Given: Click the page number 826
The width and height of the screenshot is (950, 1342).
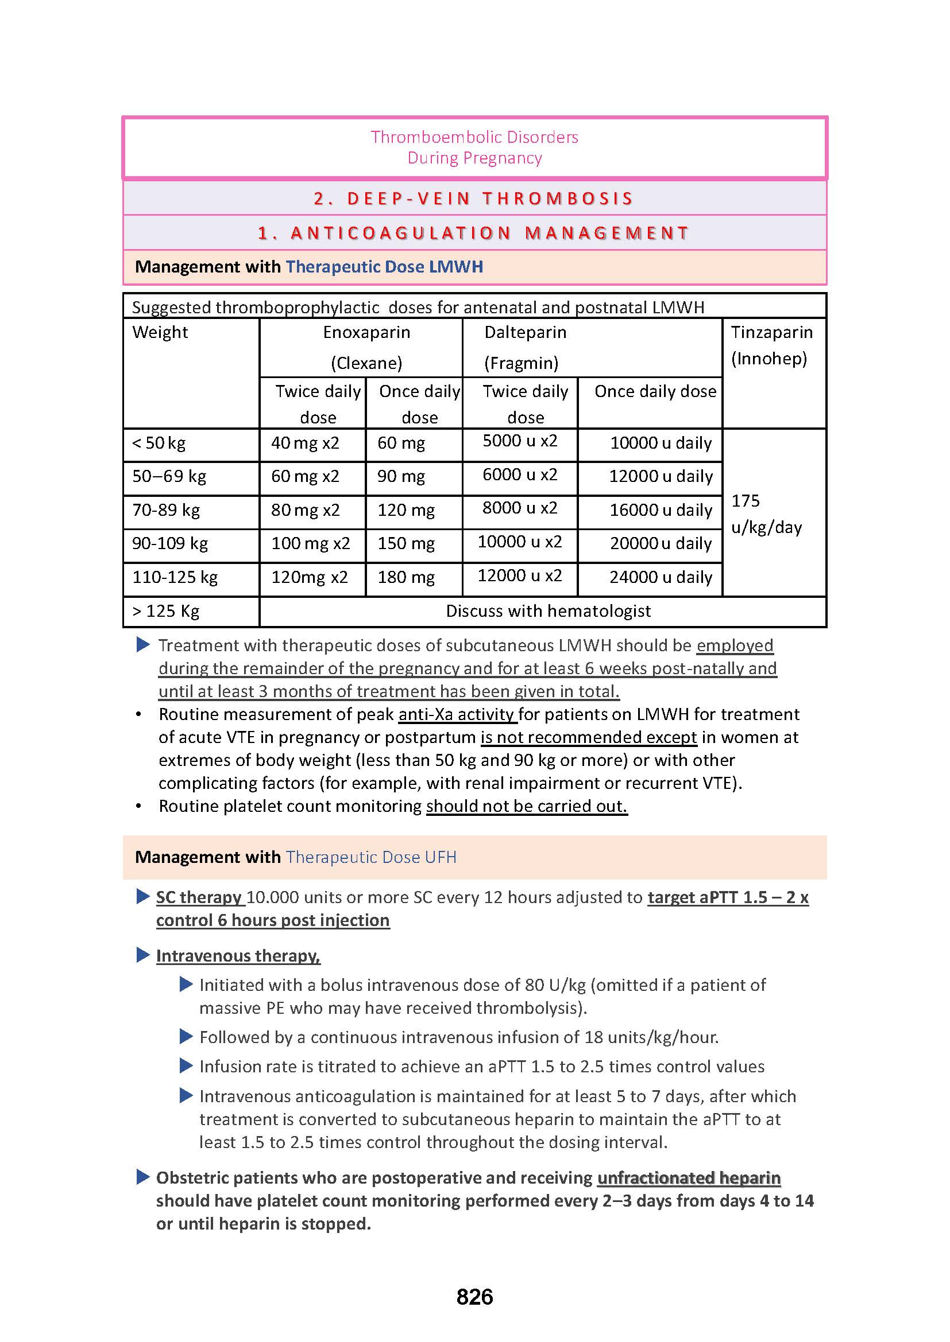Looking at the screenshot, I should click(474, 1297).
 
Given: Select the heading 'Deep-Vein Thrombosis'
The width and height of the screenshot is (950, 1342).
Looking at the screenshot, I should click(474, 199).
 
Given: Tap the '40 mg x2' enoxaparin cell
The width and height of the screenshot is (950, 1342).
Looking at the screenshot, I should click(305, 443).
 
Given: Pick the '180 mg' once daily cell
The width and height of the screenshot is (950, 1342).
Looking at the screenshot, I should click(406, 578).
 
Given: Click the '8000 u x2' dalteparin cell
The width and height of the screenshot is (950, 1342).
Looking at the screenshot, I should click(519, 508).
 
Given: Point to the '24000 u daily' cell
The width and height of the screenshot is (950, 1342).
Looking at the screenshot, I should click(661, 578).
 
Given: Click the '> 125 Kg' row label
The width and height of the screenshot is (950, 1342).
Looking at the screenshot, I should click(166, 612).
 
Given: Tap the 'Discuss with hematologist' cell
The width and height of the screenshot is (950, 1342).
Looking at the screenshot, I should click(548, 612).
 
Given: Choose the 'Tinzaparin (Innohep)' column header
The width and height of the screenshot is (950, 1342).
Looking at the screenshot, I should click(771, 345).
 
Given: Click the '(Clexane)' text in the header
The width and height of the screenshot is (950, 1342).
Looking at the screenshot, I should click(367, 364).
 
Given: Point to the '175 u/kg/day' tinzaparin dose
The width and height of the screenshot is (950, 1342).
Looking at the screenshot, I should click(766, 514).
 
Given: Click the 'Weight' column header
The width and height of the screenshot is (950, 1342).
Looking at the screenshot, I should click(160, 333).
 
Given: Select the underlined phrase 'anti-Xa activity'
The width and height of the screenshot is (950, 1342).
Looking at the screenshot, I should click(456, 714).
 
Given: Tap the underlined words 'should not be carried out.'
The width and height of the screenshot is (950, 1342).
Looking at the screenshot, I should click(527, 806).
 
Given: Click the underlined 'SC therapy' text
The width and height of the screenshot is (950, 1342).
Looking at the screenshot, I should click(199, 897).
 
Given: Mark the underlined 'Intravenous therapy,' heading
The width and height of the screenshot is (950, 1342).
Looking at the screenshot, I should click(238, 956).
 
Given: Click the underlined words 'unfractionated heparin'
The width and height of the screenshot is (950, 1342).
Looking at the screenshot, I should click(689, 1178).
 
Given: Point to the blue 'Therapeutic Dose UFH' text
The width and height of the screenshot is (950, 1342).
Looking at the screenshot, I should click(371, 857).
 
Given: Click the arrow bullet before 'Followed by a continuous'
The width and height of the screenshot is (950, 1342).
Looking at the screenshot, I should click(186, 1037).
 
